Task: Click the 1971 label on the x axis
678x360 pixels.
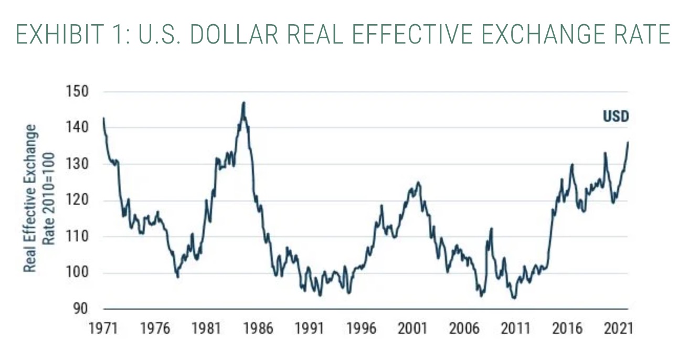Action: coord(103,329)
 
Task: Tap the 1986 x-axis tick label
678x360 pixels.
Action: coord(258,329)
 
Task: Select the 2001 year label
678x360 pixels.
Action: coord(412,329)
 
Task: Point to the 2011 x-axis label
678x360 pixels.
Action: coord(516,329)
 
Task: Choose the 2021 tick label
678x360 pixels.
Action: coord(618,329)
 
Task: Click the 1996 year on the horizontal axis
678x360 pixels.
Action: coord(361,329)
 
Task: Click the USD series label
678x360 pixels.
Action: coord(615,117)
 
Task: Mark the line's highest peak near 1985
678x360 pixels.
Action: coord(243,102)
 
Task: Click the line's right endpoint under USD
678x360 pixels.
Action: coord(628,142)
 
